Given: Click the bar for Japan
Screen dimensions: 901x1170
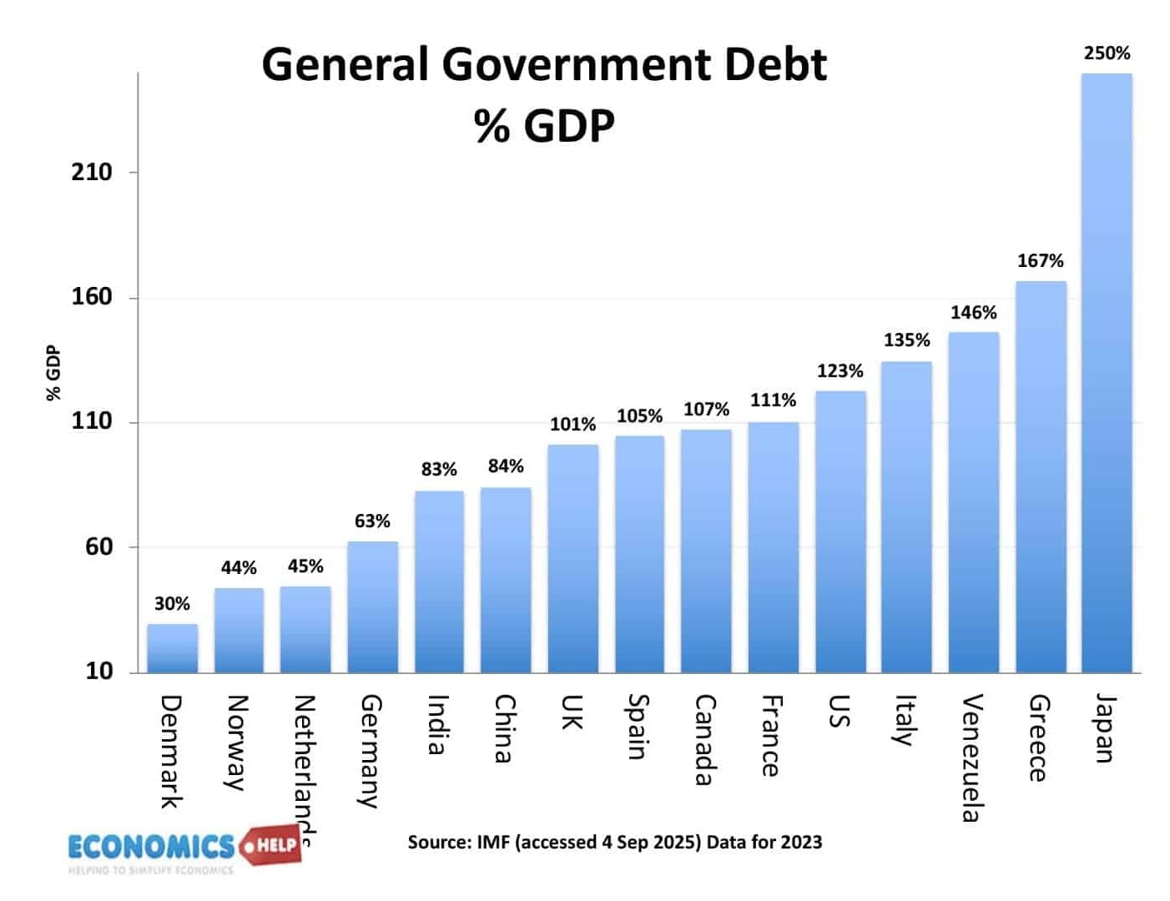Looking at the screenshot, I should (x=1107, y=375).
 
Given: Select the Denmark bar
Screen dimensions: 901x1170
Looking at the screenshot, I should (x=173, y=648).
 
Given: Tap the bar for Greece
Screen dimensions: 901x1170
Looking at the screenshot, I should (x=1041, y=477).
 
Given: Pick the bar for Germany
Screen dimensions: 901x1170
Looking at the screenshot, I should (x=372, y=607).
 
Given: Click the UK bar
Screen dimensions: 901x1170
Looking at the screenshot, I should (x=572, y=559).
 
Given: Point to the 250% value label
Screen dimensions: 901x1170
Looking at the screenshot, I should (x=1107, y=53).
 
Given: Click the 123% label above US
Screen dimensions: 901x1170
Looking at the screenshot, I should (x=840, y=371).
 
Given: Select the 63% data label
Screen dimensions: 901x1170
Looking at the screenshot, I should (x=372, y=521).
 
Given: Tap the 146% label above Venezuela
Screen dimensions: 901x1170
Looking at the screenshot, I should (x=973, y=313).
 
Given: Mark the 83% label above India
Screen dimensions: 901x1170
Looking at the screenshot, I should (x=439, y=470).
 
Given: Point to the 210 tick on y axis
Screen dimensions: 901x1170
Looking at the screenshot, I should (x=91, y=173).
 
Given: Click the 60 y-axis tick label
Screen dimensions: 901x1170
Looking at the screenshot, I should (x=98, y=547).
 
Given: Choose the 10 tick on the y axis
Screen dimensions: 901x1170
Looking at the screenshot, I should (x=98, y=671).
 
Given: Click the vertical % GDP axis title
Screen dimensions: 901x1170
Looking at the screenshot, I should (x=53, y=372).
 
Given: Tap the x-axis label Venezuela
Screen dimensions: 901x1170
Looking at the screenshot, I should (x=971, y=758).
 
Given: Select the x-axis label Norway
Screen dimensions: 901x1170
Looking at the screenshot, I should (x=237, y=742).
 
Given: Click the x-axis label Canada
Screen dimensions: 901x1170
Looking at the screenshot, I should (x=705, y=740).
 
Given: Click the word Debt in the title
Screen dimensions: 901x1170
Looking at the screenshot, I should (x=774, y=65).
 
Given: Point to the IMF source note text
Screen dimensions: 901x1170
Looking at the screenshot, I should (x=614, y=842).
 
